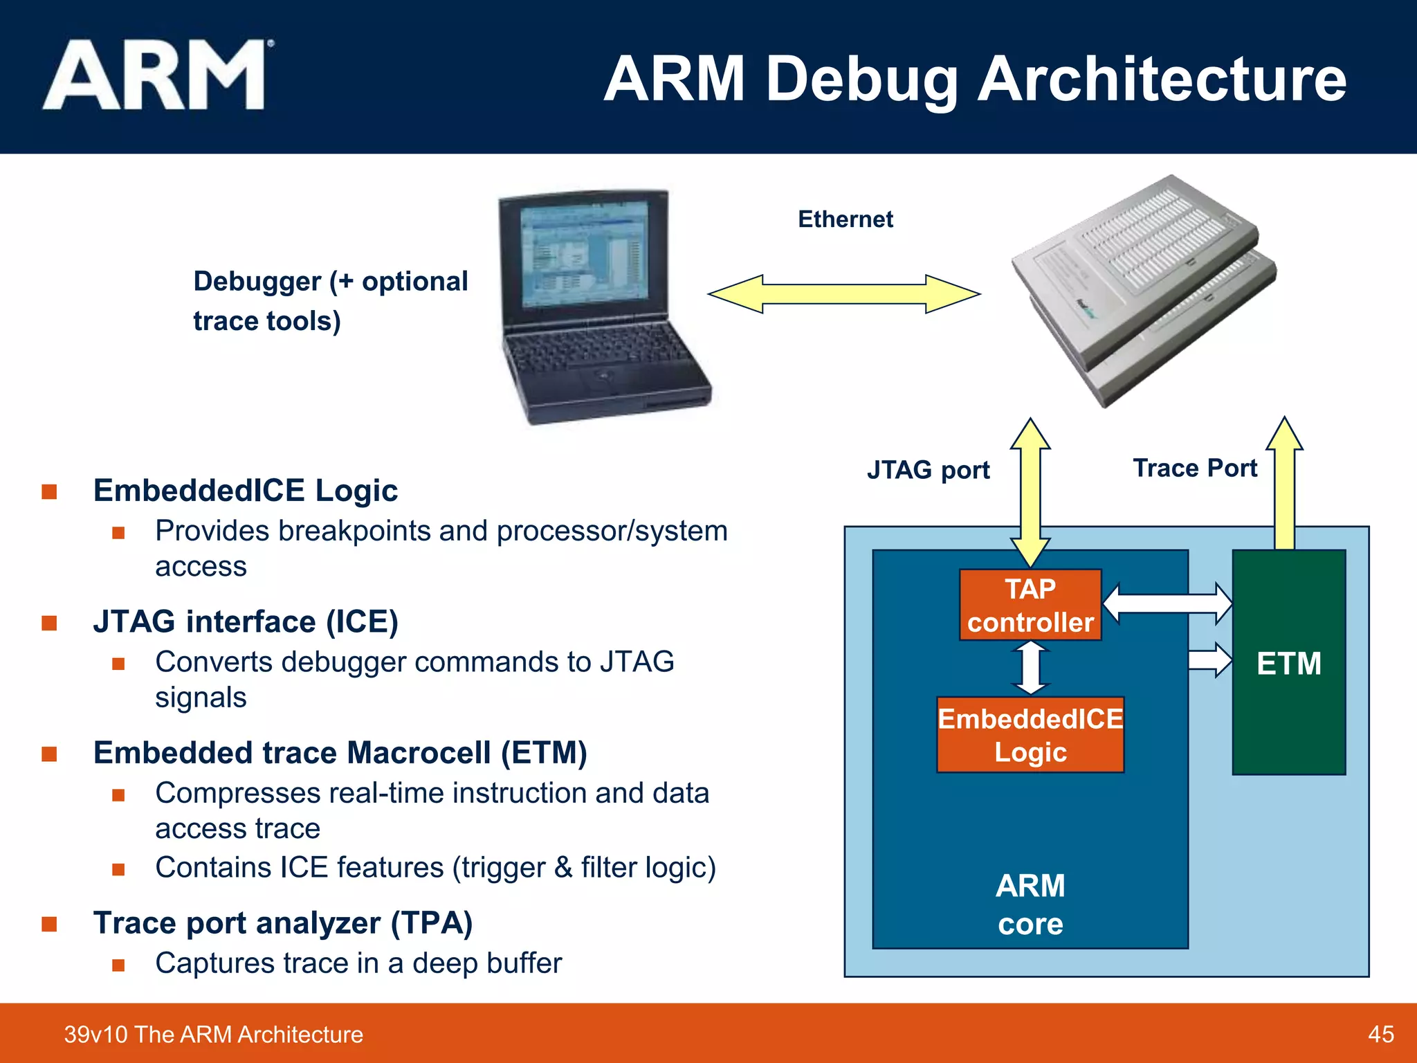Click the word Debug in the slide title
861,80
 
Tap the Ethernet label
845,219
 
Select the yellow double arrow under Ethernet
843,294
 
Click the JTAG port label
928,470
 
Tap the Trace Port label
1195,469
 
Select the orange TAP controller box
1030,605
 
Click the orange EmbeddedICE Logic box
1030,735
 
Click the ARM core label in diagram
1030,904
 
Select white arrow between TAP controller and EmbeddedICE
1031,668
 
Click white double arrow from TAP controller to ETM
1167,603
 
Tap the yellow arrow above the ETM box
1285,484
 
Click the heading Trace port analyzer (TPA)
282,923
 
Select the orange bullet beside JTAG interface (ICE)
49,623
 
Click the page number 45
1380,1034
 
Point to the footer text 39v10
96,1034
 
